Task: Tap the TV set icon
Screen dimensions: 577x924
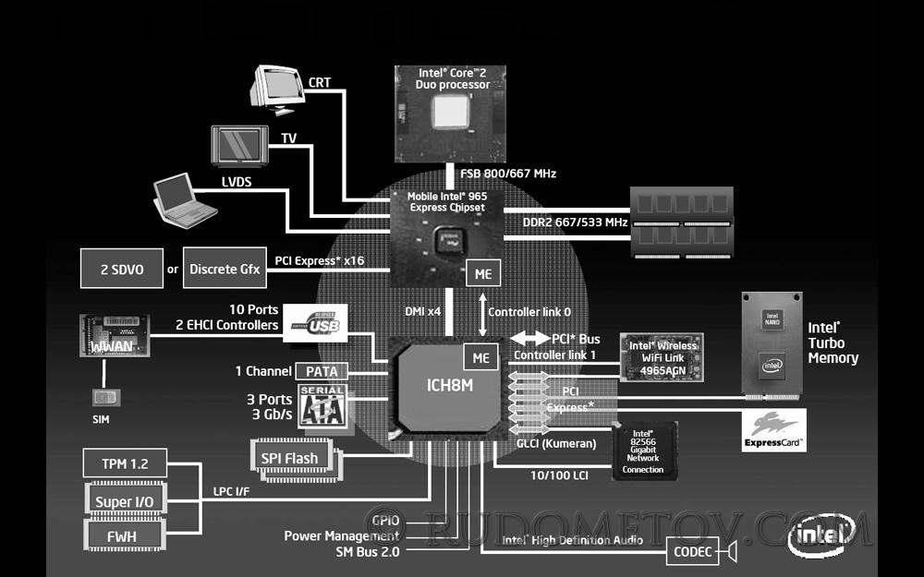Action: pyautogui.click(x=239, y=146)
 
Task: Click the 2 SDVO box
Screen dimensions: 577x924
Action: pyautogui.click(x=120, y=270)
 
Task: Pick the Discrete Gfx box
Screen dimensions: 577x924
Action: pyautogui.click(x=225, y=270)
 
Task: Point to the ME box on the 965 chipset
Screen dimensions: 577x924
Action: pyautogui.click(x=482, y=273)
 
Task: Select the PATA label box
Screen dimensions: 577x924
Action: pyautogui.click(x=322, y=371)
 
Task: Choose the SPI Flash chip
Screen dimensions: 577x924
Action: pyautogui.click(x=289, y=458)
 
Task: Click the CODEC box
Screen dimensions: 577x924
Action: pyautogui.click(x=692, y=553)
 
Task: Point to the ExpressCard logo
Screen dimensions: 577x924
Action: pyautogui.click(x=774, y=430)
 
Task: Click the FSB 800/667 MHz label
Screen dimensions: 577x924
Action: pyautogui.click(x=508, y=173)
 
